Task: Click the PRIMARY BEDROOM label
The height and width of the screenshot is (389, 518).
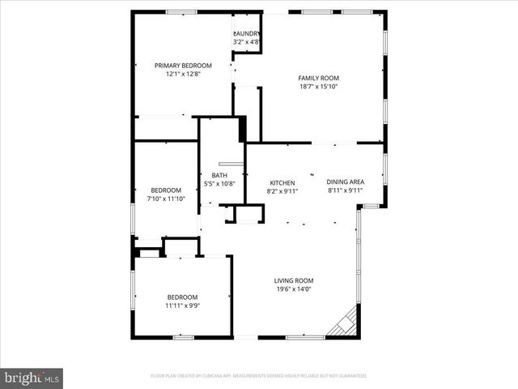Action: pos(183,66)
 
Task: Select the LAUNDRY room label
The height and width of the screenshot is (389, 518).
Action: pos(247,33)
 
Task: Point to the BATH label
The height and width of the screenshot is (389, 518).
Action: pos(219,175)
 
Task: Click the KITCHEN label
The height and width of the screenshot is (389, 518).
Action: pos(282,182)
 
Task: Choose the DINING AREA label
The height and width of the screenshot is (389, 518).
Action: pos(346,182)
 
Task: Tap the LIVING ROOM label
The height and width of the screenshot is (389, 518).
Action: pos(293,280)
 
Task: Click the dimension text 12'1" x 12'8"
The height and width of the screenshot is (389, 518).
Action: pos(183,74)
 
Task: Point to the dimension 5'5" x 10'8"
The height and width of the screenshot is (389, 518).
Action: pos(219,183)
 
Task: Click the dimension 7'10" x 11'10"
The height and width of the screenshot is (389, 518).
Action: pos(166,199)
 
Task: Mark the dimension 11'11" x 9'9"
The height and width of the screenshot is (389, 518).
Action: pos(183,306)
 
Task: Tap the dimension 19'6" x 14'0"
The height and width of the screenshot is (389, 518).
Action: pos(293,289)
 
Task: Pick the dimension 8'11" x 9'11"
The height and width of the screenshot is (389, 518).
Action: pos(346,190)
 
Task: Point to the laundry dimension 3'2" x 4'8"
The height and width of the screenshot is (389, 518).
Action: pos(247,41)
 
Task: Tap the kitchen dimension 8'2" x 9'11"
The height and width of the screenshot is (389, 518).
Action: pos(282,191)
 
